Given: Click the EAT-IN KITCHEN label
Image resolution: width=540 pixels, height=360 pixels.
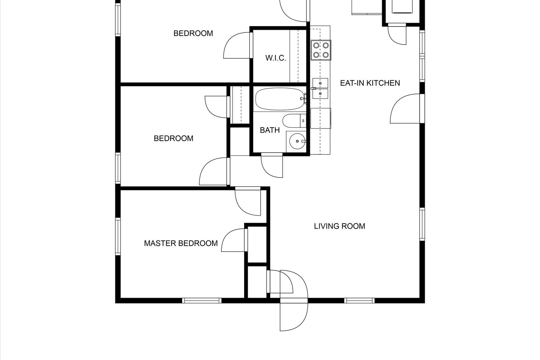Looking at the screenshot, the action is [370, 83].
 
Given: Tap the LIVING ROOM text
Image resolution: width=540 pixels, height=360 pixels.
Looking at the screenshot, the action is [339, 226].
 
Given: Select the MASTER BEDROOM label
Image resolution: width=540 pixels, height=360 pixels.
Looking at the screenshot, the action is [181, 243].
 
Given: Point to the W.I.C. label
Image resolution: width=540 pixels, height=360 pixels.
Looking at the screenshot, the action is [276, 58].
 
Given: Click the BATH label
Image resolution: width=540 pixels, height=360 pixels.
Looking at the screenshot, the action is [270, 130].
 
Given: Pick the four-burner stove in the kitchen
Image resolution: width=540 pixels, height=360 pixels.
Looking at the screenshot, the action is [321, 50].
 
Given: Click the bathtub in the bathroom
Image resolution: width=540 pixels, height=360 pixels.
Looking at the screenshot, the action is [280, 99].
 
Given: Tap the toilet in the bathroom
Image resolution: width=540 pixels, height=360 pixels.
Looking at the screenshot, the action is [294, 121].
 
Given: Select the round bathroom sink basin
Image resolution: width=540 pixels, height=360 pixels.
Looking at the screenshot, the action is [297, 141].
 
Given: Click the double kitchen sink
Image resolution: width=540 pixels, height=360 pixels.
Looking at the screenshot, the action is [320, 88].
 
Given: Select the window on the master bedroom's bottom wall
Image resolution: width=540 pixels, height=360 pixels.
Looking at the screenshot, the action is [202, 301].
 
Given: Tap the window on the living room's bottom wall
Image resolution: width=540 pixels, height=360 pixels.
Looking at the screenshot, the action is [359, 301].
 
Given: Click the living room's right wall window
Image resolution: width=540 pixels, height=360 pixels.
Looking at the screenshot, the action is [422, 224].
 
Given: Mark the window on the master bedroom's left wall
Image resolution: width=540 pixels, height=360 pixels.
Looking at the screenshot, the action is [118, 236].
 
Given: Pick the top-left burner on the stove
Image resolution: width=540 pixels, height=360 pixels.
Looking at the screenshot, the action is [316, 45].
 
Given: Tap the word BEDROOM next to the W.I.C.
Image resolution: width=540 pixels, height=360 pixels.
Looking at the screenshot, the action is [193, 33].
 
